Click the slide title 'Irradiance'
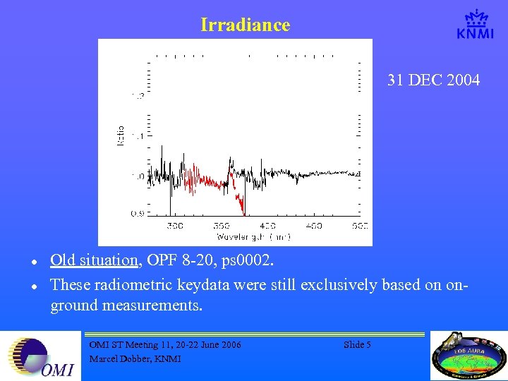(x=245, y=25)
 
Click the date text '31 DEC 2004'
(x=433, y=80)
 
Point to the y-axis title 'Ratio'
(x=121, y=135)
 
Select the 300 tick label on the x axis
(x=174, y=226)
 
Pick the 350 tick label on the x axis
(x=222, y=226)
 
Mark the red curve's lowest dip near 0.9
(x=243, y=211)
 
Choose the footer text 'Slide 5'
(x=357, y=344)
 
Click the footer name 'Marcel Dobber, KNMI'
(x=135, y=358)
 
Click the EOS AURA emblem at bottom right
(x=468, y=356)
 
